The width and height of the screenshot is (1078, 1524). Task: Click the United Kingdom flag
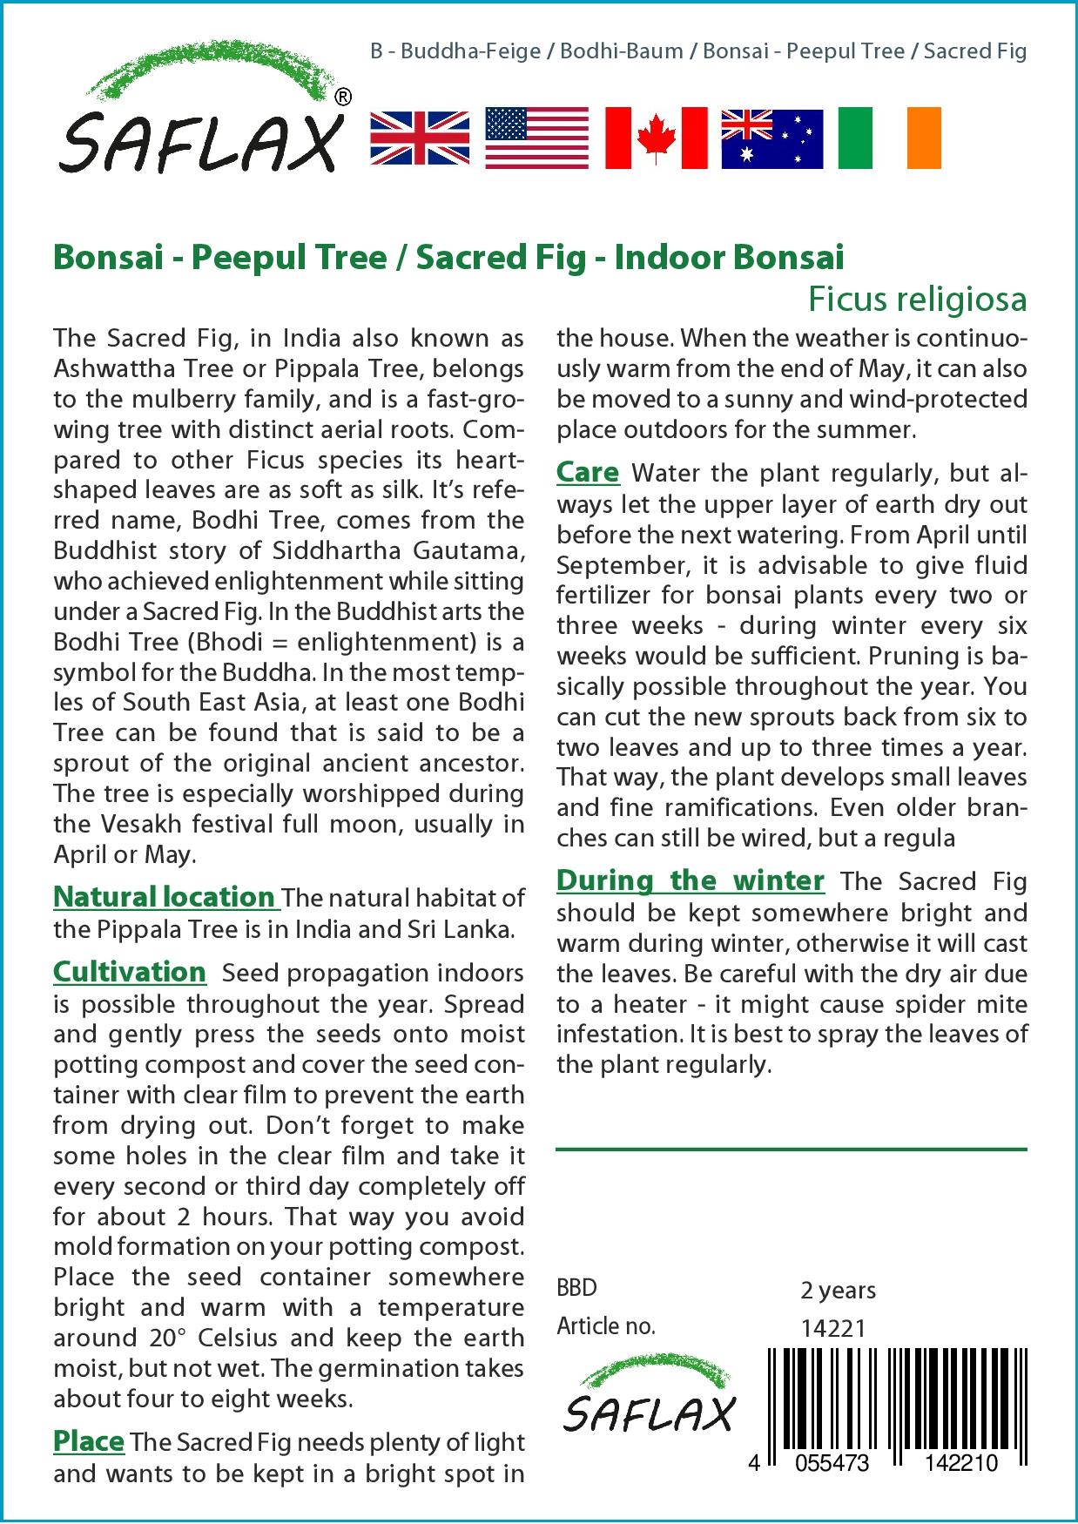click(420, 138)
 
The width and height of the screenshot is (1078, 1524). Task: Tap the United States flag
click(536, 138)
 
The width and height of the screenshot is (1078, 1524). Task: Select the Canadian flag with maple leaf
click(656, 138)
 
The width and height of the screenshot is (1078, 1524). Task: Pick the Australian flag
click(771, 138)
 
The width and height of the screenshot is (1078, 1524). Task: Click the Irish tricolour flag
click(889, 138)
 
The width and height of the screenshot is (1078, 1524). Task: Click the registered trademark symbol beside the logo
click(343, 98)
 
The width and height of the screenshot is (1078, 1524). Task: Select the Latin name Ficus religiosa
click(917, 299)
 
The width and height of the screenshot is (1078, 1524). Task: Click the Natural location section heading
click(165, 897)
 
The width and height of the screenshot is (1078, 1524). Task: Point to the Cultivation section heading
click(130, 972)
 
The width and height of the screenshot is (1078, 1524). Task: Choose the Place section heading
click(89, 1441)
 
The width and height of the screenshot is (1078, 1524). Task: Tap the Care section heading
click(588, 473)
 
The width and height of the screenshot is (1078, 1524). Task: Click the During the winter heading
click(690, 880)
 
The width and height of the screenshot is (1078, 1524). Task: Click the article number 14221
click(832, 1328)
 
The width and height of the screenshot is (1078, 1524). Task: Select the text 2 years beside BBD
click(838, 1290)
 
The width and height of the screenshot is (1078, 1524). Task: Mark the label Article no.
click(605, 1326)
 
